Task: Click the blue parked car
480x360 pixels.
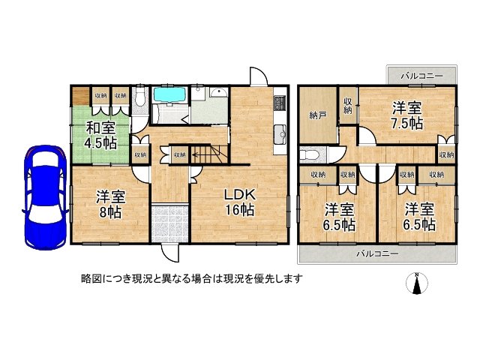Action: click(45, 197)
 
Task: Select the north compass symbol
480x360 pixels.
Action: click(417, 283)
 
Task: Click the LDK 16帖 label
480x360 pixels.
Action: click(240, 202)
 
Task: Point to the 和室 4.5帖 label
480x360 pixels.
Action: click(100, 135)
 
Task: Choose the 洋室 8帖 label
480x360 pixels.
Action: click(110, 204)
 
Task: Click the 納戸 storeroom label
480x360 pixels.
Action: click(318, 115)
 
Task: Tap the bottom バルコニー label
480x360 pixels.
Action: click(378, 253)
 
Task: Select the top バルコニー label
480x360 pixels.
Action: click(421, 76)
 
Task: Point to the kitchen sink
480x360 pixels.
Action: click(280, 133)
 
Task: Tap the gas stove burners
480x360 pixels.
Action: click(280, 103)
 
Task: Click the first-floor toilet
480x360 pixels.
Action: click(140, 98)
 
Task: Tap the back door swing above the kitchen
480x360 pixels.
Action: click(259, 76)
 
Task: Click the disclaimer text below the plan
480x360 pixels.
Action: click(192, 278)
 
